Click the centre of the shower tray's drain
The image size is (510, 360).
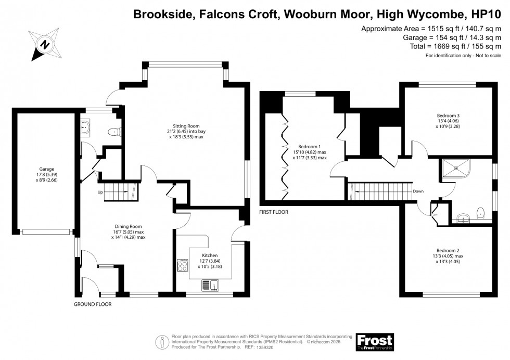pos(456,168)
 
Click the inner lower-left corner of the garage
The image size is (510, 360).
pos(17,229)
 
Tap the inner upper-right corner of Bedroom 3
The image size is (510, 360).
pos(493,87)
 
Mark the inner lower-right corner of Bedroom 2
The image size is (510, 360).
pos(493,292)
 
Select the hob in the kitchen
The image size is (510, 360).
pos(182,265)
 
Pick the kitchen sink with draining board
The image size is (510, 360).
pos(210,285)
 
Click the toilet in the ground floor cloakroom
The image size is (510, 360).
pos(114,132)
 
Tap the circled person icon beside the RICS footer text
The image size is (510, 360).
pos(162,342)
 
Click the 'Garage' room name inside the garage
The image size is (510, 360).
pos(46,169)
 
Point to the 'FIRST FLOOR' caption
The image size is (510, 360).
pos(274,212)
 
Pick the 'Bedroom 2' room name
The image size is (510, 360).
pos(448,250)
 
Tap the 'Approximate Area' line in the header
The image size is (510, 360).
pos(431,29)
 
